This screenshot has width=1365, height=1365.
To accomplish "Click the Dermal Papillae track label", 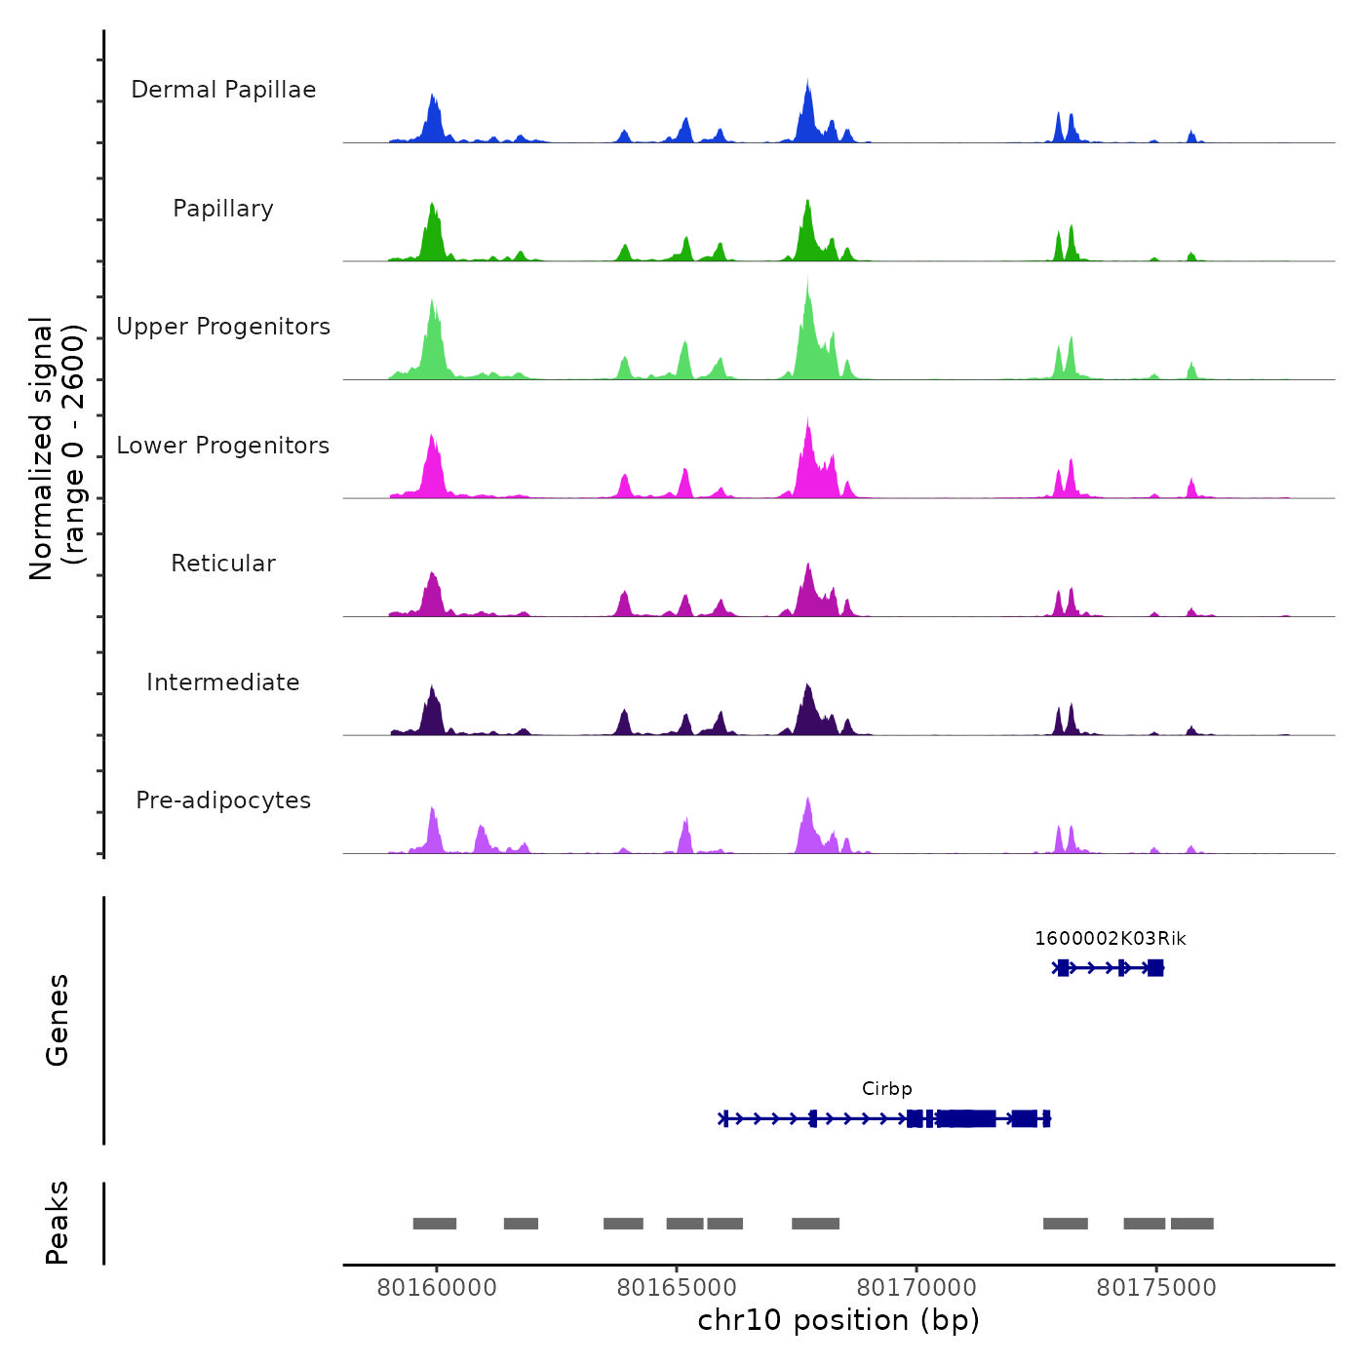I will coord(223,90).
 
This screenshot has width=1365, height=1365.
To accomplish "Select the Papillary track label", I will coord(223,209).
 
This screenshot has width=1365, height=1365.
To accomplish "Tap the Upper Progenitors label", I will coord(223,327).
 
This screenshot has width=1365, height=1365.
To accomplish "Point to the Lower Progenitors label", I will coord(223,446).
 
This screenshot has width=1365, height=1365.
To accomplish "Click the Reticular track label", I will coord(223,564).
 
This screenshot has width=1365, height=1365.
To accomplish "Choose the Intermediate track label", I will coord(223,682).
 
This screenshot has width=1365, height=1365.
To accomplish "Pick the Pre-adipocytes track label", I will coord(223,800).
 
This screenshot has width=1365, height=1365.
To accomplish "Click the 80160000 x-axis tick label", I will coord(437,1288).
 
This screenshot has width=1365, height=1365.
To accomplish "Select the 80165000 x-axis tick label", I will coord(677,1288).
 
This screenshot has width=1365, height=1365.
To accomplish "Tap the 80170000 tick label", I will coord(916,1288).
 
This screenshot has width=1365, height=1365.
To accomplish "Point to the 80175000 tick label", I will coord(1156,1288).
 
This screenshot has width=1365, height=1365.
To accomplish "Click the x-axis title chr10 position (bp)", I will coord(838,1320).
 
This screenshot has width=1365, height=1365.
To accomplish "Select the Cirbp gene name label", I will coord(887,1089).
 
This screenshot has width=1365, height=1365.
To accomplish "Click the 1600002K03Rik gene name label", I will coord(1111,939).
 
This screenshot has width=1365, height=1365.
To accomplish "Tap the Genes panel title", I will coord(58,1020).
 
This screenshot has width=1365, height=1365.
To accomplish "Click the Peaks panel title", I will coord(58,1223).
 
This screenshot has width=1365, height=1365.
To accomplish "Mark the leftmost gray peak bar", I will coord(435,1224).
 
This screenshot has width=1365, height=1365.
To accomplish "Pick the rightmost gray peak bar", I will coord(1192,1224).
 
